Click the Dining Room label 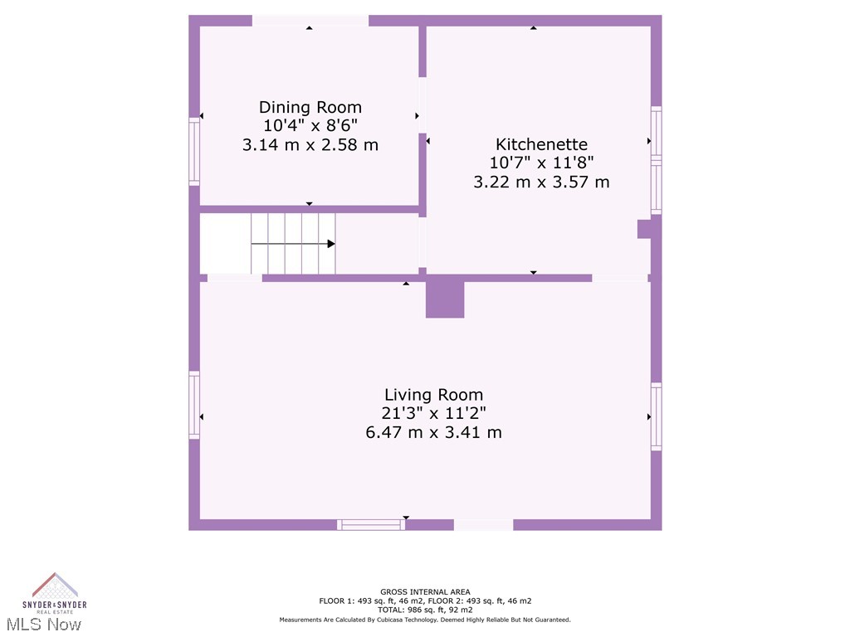pyautogui.click(x=310, y=107)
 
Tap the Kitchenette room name pyautogui.click(x=541, y=144)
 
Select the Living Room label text pyautogui.click(x=433, y=395)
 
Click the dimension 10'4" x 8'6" pyautogui.click(x=310, y=126)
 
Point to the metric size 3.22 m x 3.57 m pyautogui.click(x=541, y=182)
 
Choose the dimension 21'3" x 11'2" pyautogui.click(x=433, y=413)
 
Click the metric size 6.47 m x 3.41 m pyautogui.click(x=433, y=432)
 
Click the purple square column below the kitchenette pyautogui.click(x=445, y=299)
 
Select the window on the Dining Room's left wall pyautogui.click(x=194, y=150)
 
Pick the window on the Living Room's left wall pyautogui.click(x=194, y=404)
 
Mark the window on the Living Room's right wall pyautogui.click(x=656, y=416)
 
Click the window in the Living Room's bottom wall pyautogui.click(x=371, y=524)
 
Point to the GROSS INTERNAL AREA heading pyautogui.click(x=425, y=592)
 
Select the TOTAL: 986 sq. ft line pyautogui.click(x=425, y=610)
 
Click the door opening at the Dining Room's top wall pyautogui.click(x=310, y=21)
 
